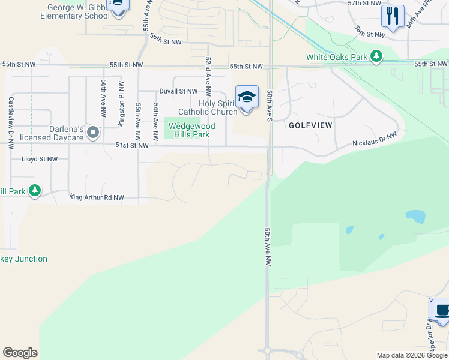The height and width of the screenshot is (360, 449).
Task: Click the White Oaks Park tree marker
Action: pos(376,56)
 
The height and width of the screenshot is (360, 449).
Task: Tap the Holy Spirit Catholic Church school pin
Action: pos(246,98)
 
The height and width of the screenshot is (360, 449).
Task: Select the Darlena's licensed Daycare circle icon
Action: pos(92,131)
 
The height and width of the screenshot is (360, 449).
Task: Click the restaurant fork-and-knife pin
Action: pos(393,16)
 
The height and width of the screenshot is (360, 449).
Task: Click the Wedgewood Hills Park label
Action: pos(192,130)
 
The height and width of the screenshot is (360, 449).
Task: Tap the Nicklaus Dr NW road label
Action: pos(374,140)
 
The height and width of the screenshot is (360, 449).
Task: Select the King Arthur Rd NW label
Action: pos(97,197)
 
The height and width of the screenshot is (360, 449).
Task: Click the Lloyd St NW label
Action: pos(40,159)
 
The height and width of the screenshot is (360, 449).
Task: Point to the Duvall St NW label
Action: pos(178,92)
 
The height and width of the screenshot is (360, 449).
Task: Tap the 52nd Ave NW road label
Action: pos(208,77)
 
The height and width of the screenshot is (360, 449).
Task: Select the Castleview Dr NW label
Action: pos(11,122)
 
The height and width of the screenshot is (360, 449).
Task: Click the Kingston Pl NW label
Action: pos(121,103)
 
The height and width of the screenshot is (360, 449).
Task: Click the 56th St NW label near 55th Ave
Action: pos(166,39)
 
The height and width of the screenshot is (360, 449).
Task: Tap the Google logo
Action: pos(20,353)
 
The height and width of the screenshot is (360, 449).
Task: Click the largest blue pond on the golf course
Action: pos(415,215)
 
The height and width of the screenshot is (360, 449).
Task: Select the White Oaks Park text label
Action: pos(337,57)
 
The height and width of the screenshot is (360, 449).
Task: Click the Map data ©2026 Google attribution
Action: pos(412,355)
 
